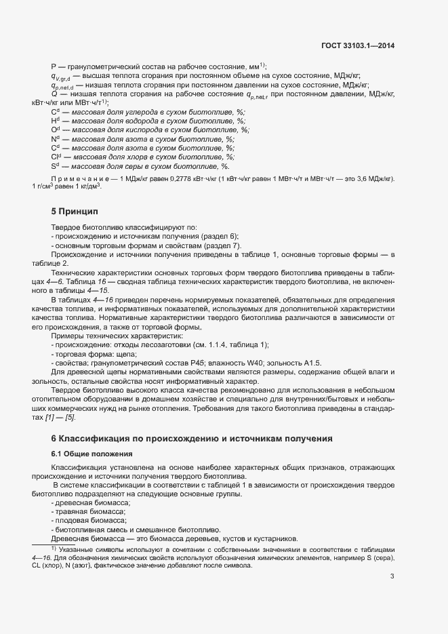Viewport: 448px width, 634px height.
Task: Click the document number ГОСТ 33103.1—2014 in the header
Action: click(359, 45)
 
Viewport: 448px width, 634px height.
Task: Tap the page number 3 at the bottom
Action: click(392, 576)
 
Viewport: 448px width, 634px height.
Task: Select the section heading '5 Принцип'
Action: click(75, 211)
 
